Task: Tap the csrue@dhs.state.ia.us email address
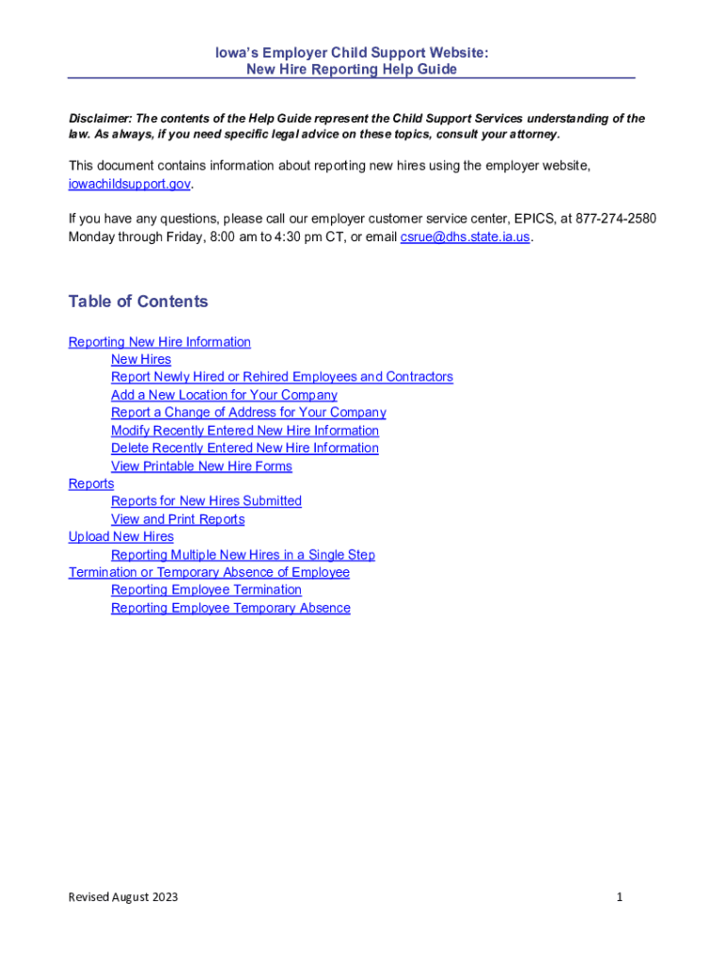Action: tap(465, 237)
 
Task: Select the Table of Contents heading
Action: tap(138, 302)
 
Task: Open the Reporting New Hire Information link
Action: tap(159, 342)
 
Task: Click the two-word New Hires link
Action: tap(141, 359)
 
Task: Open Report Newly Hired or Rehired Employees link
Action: tap(282, 377)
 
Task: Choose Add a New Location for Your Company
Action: tap(223, 395)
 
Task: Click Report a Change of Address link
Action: tap(248, 413)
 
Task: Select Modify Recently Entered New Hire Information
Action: tap(245, 431)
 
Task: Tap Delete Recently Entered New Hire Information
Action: tap(245, 449)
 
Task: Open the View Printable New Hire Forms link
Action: tap(202, 466)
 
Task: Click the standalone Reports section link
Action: tap(91, 483)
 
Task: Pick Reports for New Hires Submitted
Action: tap(206, 501)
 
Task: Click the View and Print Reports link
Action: tap(177, 519)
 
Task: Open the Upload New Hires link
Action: tap(121, 537)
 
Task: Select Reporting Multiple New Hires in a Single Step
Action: tap(243, 555)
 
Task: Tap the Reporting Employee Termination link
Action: tap(206, 590)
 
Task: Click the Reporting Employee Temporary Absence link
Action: tap(231, 608)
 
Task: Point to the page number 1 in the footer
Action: tap(619, 897)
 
